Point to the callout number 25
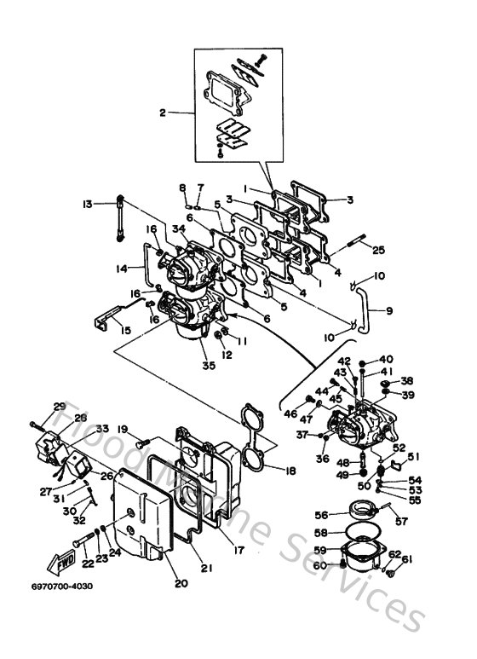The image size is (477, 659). coord(379,249)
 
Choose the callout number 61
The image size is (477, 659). coord(406,559)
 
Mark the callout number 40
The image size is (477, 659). coord(386,360)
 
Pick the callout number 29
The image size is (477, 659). coord(60,406)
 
